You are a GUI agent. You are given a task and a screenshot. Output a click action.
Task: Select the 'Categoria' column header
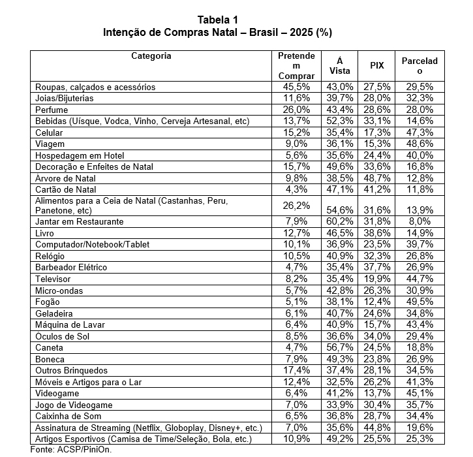pyautogui.click(x=151, y=55)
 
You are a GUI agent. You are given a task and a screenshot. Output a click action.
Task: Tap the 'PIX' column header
pyautogui.click(x=376, y=66)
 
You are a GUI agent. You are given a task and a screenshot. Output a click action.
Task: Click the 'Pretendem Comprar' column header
pyautogui.click(x=296, y=66)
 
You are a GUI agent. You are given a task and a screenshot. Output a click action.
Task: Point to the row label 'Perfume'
pyautogui.click(x=52, y=110)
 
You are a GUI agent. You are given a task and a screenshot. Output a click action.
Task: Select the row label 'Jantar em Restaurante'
pyautogui.click(x=80, y=222)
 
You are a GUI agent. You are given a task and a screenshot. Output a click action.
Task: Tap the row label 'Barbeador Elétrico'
pyautogui.click(x=71, y=268)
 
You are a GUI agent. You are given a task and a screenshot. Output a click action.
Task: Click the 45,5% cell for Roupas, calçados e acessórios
pyautogui.click(x=296, y=87)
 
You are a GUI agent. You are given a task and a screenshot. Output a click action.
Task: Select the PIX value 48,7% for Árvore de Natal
pyautogui.click(x=376, y=178)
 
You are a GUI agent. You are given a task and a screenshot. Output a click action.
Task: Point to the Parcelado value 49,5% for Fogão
pyautogui.click(x=420, y=302)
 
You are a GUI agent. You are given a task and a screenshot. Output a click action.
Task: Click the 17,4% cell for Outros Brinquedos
pyautogui.click(x=296, y=370)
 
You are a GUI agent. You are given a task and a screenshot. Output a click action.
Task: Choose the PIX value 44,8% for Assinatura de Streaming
pyautogui.click(x=376, y=428)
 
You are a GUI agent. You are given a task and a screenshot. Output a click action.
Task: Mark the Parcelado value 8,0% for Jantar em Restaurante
pyautogui.click(x=420, y=222)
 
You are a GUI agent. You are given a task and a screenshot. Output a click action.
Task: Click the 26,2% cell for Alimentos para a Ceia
pyautogui.click(x=296, y=204)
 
